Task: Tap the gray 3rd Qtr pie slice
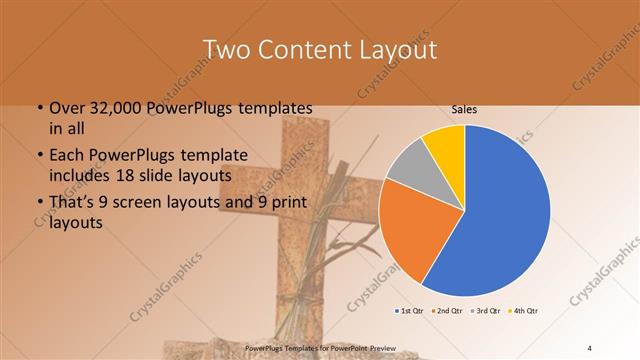tap(411, 165)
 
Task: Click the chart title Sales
tap(465, 112)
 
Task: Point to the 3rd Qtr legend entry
tap(488, 310)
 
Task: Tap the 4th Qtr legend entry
tap(525, 310)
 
